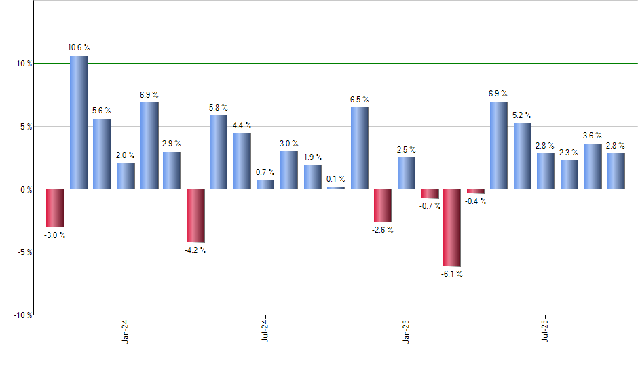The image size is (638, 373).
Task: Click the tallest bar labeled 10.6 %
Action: (79, 122)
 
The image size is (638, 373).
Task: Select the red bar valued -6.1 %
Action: (453, 227)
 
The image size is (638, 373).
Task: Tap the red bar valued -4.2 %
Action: (195, 215)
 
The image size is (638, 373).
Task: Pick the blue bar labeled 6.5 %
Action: (360, 148)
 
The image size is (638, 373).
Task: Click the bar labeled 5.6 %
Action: (102, 153)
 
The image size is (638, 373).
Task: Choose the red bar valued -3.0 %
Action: (55, 208)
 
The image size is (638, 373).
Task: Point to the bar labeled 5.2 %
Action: (523, 156)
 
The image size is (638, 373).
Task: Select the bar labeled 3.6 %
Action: (593, 166)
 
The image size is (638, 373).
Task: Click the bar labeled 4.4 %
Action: (242, 161)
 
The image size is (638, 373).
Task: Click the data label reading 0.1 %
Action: (336, 179)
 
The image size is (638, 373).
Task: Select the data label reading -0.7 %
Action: (430, 205)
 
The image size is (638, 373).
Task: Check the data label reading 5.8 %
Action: (219, 108)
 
